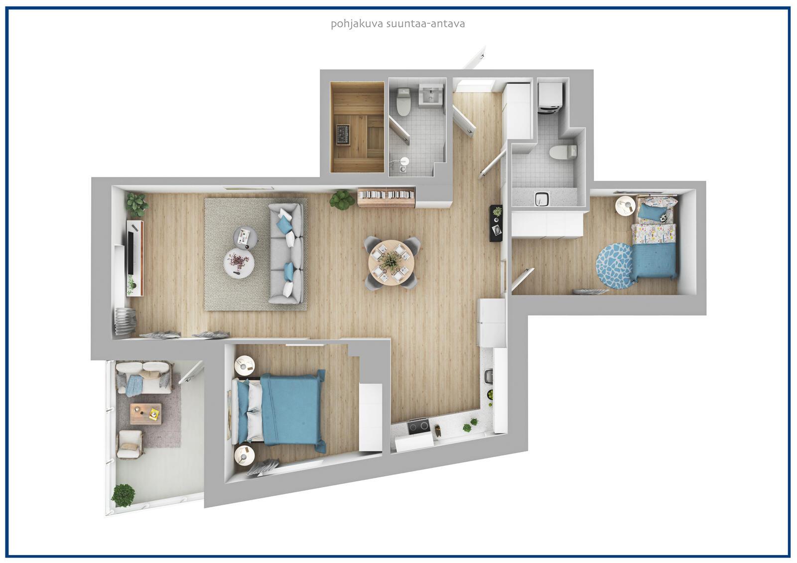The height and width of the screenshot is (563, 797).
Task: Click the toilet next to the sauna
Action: pos(403,102)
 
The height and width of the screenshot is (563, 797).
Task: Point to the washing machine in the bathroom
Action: pos(550,98)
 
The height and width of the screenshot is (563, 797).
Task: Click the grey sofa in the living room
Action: pos(286,253)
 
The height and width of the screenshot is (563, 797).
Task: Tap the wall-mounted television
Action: pos(131,249)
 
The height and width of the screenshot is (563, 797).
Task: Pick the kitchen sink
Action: pos(489,377)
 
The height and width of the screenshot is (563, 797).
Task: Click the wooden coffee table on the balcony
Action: pos(145,414)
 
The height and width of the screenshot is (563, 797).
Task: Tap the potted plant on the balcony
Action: pos(123,495)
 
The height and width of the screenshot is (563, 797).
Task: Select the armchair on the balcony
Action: pos(130,444)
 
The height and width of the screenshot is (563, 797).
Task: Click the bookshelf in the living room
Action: pos(387,197)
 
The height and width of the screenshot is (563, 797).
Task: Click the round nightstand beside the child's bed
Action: pos(626,206)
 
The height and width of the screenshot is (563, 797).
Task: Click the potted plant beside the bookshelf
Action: pos(342,200)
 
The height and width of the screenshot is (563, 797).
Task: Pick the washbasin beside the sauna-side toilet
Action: pos(430,95)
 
